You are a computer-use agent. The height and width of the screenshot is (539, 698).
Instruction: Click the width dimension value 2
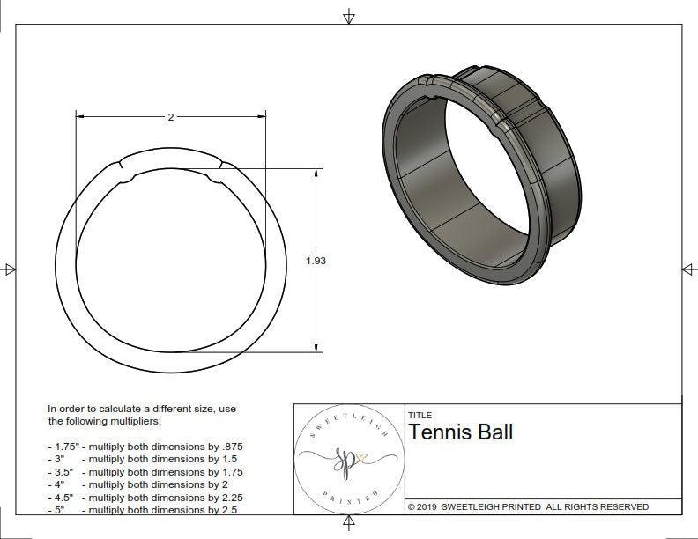click(171, 117)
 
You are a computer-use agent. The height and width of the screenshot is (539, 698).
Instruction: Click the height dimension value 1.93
click(316, 261)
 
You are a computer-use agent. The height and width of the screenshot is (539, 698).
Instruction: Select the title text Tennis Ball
click(461, 432)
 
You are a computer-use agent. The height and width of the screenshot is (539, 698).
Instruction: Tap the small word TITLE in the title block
click(420, 415)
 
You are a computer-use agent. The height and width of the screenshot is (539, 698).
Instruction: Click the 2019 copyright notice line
click(529, 506)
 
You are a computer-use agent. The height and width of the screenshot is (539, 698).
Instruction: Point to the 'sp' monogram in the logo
click(345, 461)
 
